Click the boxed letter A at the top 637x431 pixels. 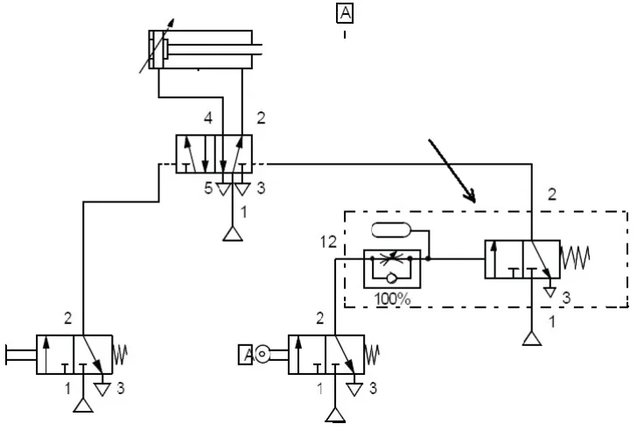click(x=345, y=13)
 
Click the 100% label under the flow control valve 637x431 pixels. click(x=392, y=300)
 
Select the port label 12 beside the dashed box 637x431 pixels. click(x=328, y=242)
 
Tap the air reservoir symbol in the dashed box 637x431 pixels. click(x=391, y=230)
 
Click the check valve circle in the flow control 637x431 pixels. click(x=392, y=278)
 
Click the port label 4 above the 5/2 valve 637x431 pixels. click(x=208, y=118)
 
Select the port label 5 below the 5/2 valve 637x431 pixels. click(x=208, y=188)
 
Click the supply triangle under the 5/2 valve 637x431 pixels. click(x=233, y=234)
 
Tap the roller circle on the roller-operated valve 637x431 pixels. click(x=262, y=354)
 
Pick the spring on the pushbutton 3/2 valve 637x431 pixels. click(x=120, y=355)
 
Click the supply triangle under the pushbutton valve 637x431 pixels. click(x=83, y=406)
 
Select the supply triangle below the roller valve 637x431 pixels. click(x=336, y=415)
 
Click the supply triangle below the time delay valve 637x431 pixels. click(x=532, y=338)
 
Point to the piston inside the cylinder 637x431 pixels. click(x=165, y=49)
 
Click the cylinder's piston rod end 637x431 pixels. click(x=262, y=49)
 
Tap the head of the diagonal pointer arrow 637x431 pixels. click(x=472, y=197)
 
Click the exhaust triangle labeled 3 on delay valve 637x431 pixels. click(x=550, y=293)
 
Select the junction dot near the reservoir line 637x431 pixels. click(x=429, y=258)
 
